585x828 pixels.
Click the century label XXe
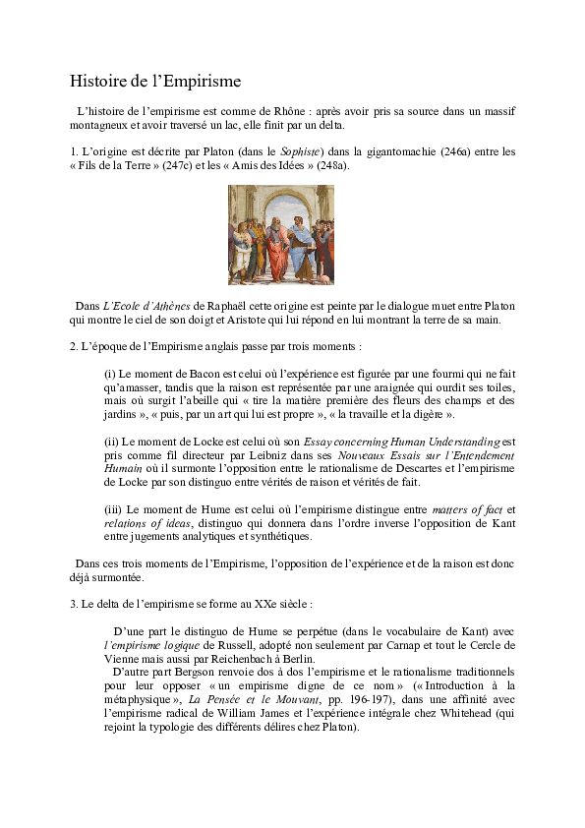[255, 603]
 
